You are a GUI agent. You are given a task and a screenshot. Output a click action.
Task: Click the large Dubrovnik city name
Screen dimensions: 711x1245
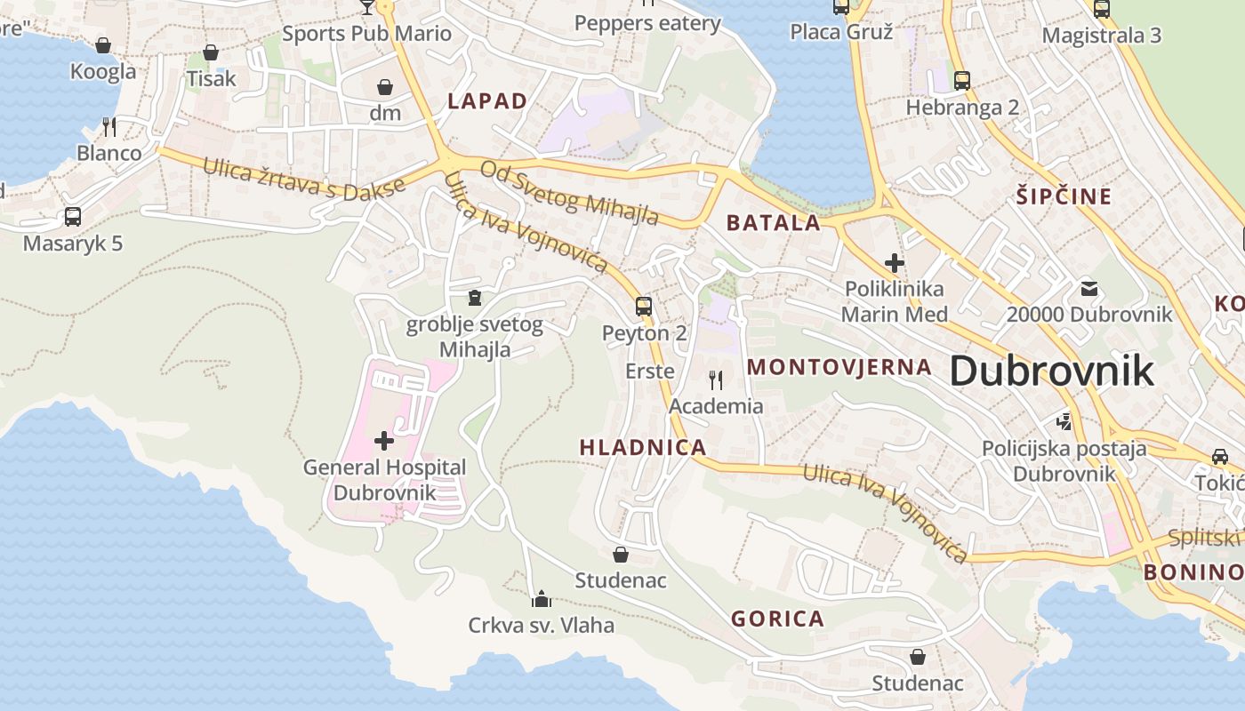pyautogui.click(x=1052, y=371)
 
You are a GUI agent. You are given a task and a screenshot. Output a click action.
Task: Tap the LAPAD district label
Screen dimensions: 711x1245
pyautogui.click(x=487, y=101)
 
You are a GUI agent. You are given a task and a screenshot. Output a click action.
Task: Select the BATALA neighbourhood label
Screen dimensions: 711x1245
pyautogui.click(x=774, y=223)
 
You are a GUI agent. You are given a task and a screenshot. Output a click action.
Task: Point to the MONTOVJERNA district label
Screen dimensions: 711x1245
pyautogui.click(x=839, y=367)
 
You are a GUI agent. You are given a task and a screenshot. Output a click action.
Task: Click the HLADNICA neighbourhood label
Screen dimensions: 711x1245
pyautogui.click(x=643, y=447)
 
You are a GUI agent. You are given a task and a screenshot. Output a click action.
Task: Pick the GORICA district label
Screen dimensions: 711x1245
pyautogui.click(x=777, y=619)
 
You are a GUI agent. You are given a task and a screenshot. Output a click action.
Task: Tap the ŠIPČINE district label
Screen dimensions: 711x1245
pyautogui.click(x=1064, y=196)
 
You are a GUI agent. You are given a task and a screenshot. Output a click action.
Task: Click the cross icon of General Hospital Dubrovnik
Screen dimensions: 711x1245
pyautogui.click(x=384, y=440)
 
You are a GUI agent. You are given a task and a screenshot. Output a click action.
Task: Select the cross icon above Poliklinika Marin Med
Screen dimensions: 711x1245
pyautogui.click(x=895, y=263)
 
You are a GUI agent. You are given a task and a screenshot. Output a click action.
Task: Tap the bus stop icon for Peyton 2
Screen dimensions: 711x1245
pyautogui.click(x=644, y=307)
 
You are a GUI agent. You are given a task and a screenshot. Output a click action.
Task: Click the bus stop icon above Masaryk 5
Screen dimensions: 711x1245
pyautogui.click(x=73, y=216)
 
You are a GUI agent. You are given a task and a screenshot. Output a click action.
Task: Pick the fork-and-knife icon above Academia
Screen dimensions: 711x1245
pyautogui.click(x=716, y=380)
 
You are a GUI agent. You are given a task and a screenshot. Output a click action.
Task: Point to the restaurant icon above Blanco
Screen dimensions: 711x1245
pyautogui.click(x=108, y=127)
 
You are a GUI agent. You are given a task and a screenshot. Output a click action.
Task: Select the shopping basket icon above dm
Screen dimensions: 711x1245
pyautogui.click(x=385, y=87)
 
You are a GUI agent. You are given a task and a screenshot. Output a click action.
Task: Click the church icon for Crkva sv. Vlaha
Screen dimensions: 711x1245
pyautogui.click(x=541, y=599)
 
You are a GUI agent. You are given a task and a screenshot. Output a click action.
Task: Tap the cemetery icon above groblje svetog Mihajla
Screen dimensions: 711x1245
pyautogui.click(x=475, y=297)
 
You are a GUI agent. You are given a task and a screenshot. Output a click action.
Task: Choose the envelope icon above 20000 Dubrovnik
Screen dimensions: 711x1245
pyautogui.click(x=1089, y=288)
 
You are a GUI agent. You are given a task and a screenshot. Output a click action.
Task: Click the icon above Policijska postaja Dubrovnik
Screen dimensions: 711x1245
pyautogui.click(x=1064, y=421)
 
